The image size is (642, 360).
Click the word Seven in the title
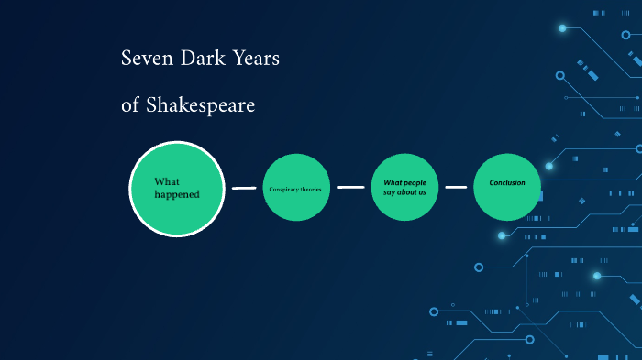coord(141,59)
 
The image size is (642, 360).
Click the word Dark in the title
coord(192,59)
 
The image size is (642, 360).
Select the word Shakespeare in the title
coord(199,106)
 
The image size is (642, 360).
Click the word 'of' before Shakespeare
coord(130,106)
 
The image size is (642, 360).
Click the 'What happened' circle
coord(176,188)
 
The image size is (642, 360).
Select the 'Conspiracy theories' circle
coord(296,188)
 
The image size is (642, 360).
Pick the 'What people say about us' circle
coord(404,188)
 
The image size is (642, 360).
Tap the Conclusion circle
coord(507,188)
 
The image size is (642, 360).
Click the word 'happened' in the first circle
coord(176,194)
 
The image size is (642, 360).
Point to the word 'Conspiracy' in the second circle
coord(283,189)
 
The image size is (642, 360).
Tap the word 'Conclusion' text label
coord(507,182)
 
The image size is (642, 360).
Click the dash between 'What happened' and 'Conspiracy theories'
coord(244,188)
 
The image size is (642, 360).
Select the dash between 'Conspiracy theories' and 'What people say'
coord(350,187)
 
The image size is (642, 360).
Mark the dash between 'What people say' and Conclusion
coord(456,187)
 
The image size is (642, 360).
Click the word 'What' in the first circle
coord(166,181)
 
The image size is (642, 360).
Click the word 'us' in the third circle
coord(420,192)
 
